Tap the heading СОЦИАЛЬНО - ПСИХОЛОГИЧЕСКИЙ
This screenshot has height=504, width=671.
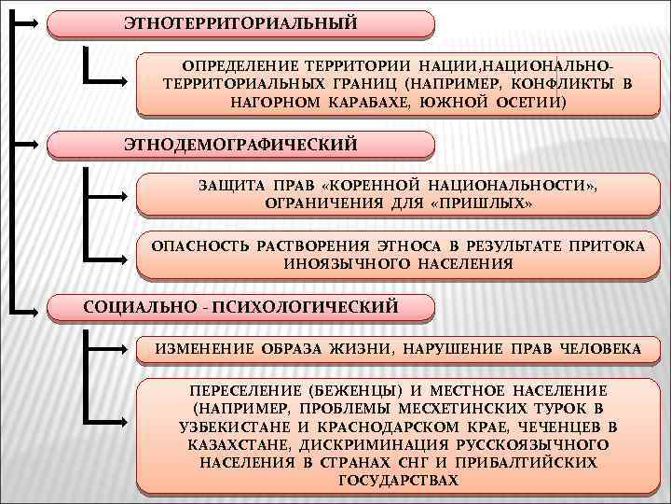pos(241,306)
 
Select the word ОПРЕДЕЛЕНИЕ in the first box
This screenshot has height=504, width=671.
pos(233,66)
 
